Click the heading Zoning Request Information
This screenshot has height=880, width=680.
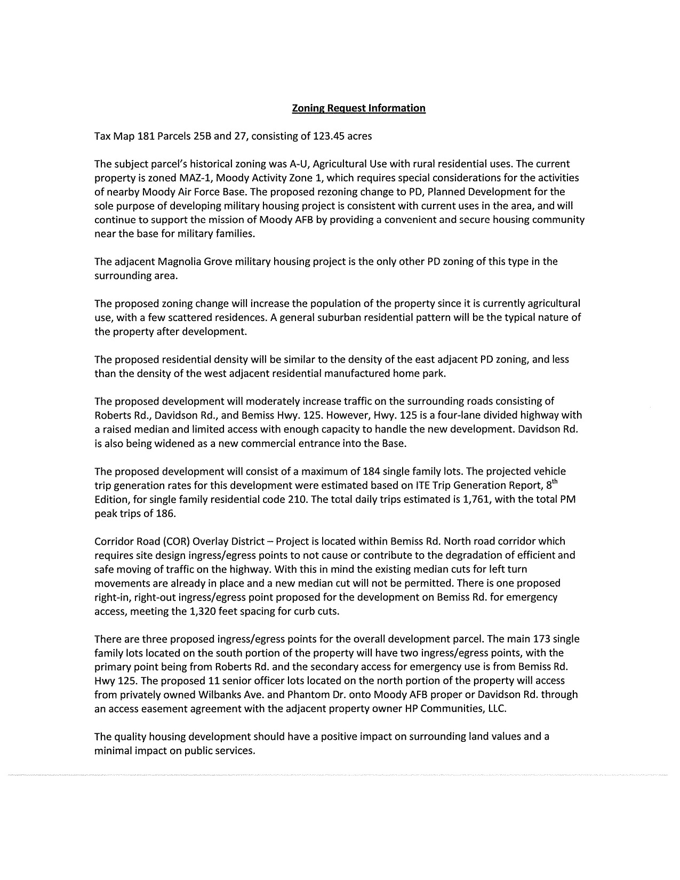(358, 108)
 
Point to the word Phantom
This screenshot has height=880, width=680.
(269, 694)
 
